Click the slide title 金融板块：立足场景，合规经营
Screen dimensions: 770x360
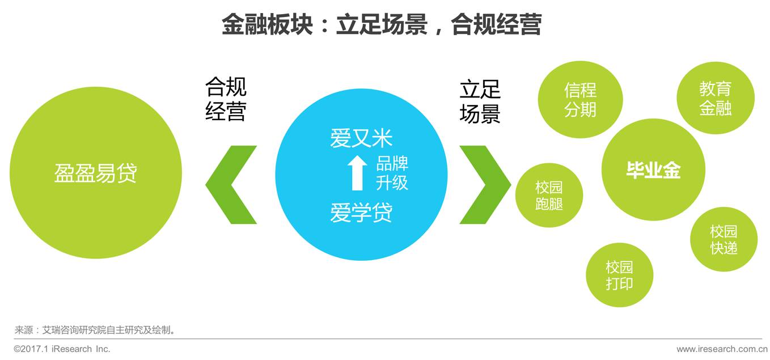point(381,24)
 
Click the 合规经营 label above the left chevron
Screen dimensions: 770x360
point(226,99)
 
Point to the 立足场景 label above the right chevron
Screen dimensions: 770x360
point(480,101)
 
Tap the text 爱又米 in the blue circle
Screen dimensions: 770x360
point(361,138)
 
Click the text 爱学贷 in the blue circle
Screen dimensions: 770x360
point(361,214)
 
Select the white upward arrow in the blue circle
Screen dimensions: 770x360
point(357,173)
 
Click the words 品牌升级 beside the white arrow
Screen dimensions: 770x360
point(392,173)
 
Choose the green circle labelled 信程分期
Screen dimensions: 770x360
point(580,100)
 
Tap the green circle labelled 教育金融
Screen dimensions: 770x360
point(715,98)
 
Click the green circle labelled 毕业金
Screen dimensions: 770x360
point(653,170)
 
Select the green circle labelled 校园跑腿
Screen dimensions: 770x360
point(549,196)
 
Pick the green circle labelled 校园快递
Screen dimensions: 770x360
point(724,239)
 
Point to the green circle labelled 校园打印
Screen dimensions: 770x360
point(619,275)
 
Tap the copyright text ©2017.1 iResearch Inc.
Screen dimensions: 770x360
point(62,349)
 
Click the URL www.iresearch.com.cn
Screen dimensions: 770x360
point(722,349)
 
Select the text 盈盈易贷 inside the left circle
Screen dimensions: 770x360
point(96,173)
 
